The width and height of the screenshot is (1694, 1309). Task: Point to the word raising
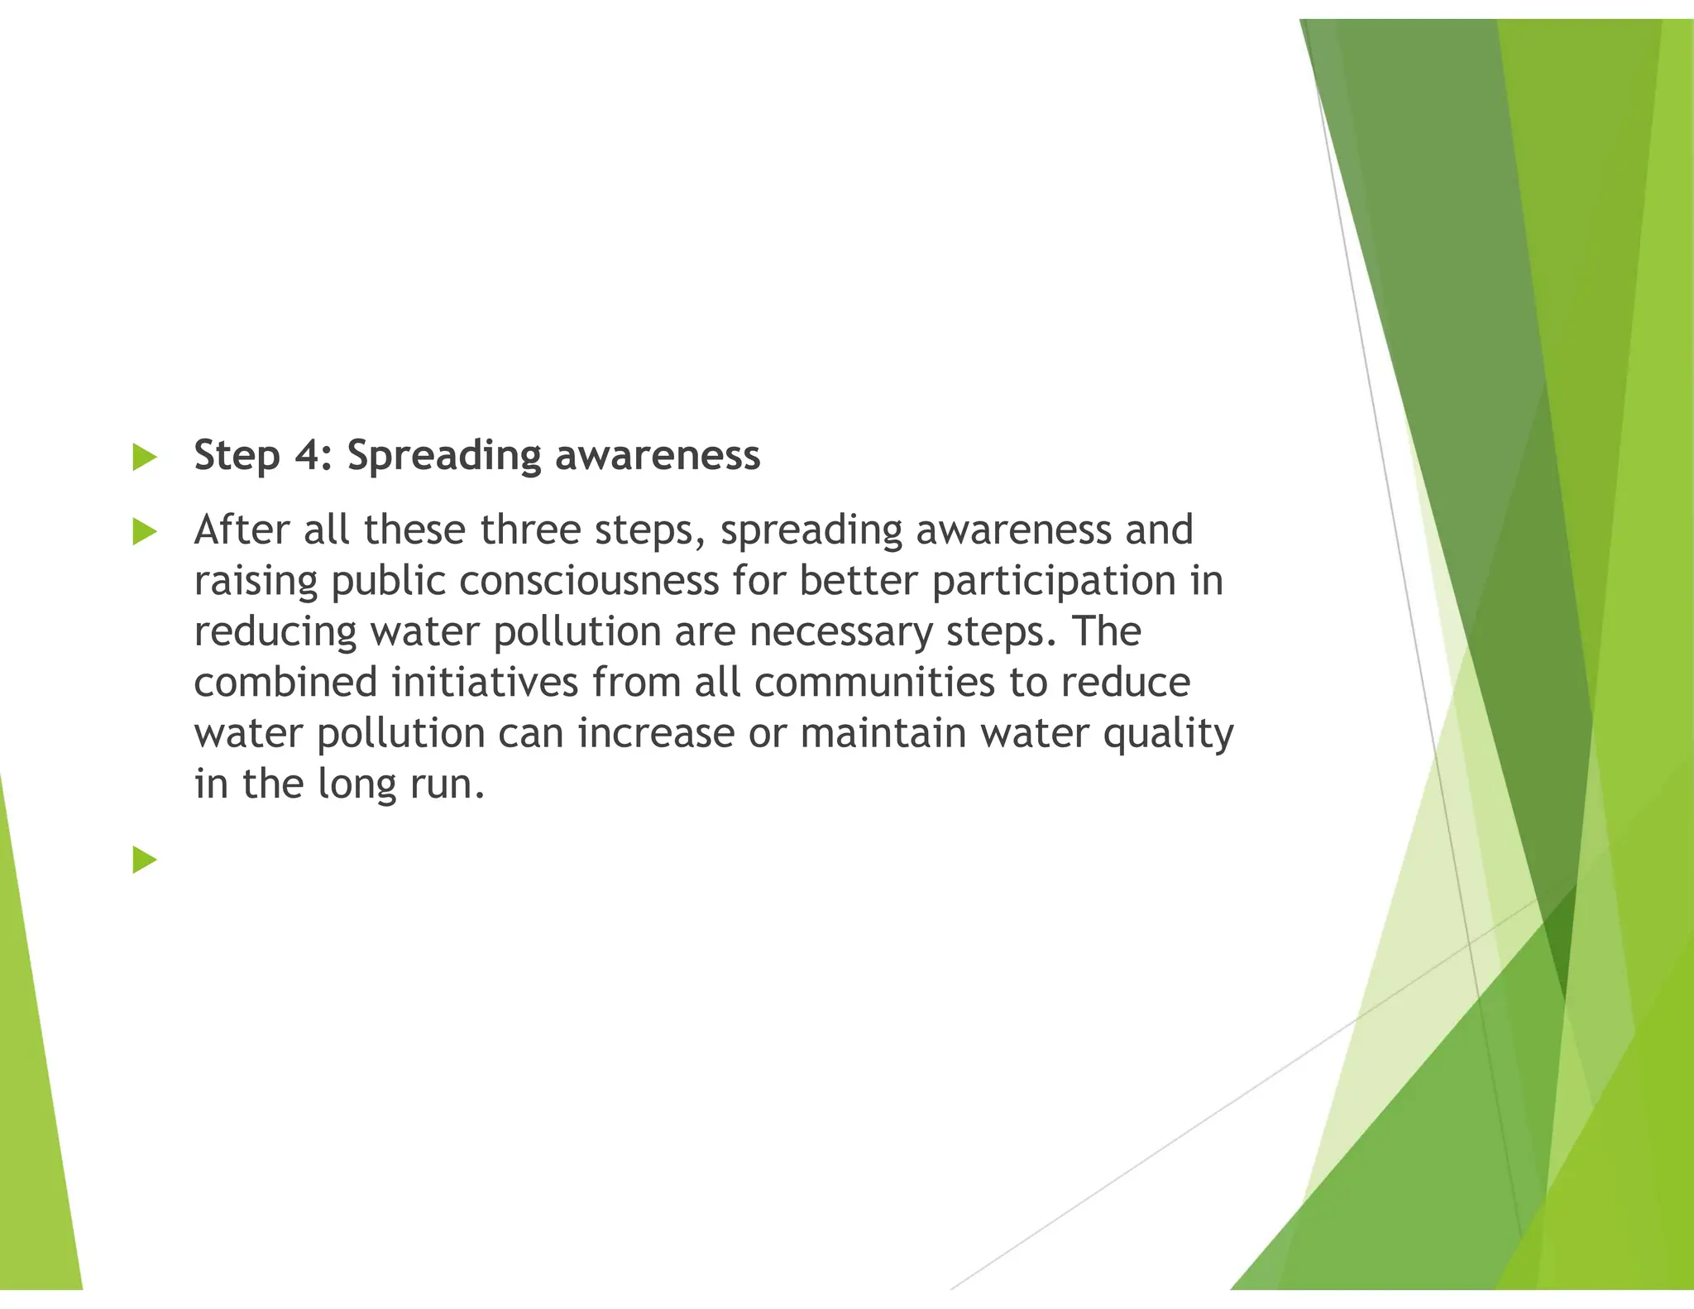click(x=256, y=582)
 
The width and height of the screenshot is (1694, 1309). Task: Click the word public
click(x=388, y=582)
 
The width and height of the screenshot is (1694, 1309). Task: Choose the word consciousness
click(x=589, y=581)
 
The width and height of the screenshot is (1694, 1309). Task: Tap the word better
click(x=859, y=581)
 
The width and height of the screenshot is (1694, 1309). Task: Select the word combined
click(x=285, y=683)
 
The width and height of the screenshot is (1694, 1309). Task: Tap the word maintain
click(x=883, y=734)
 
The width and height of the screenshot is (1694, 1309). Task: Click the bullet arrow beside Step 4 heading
click(x=145, y=458)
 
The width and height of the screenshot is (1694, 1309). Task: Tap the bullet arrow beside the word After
click(x=145, y=532)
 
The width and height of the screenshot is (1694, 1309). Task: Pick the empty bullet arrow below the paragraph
click(x=145, y=860)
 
